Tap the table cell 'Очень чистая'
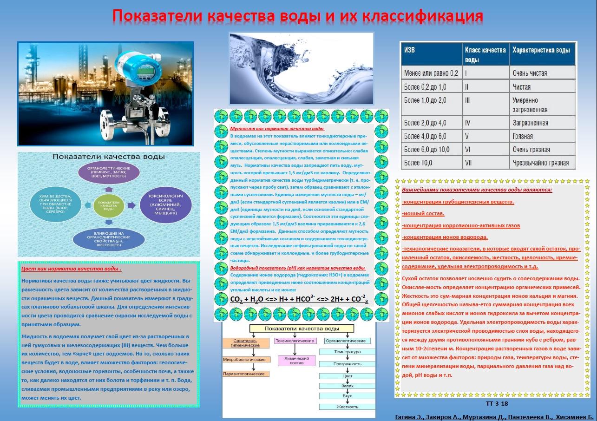(529, 73)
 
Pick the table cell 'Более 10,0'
(418, 163)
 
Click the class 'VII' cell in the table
(468, 163)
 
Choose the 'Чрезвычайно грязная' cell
(540, 163)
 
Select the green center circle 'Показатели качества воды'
(109, 206)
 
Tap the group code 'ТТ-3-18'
(497, 403)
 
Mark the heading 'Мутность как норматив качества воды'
(277, 129)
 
